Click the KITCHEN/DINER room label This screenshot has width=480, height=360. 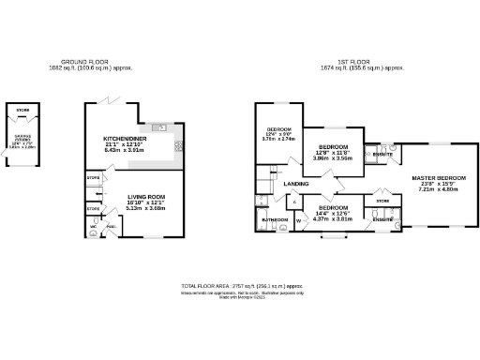click(x=124, y=139)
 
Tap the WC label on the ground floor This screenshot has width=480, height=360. click(x=94, y=227)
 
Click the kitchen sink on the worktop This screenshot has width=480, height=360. click(x=162, y=126)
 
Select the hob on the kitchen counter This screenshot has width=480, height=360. click(x=178, y=147)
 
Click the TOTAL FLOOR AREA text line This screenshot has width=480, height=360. click(x=241, y=286)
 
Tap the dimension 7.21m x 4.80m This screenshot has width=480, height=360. click(x=435, y=189)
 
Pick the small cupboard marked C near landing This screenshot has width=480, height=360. click(x=295, y=202)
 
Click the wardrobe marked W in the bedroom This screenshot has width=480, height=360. click(x=299, y=221)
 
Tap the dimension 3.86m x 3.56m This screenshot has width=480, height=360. click(x=333, y=159)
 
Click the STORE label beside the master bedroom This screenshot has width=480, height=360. click(x=382, y=201)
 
